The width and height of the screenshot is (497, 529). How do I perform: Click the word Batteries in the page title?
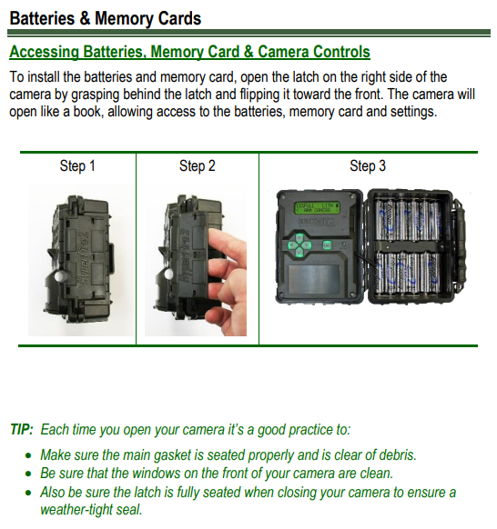42,18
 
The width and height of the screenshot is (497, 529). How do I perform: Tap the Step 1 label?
77,165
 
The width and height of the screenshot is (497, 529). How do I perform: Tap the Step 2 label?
198,165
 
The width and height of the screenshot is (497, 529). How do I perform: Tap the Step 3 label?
368,165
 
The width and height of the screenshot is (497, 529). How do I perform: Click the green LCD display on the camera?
318,207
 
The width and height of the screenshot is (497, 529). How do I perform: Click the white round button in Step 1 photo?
60,276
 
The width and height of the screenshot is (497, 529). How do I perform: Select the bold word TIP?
22,430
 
